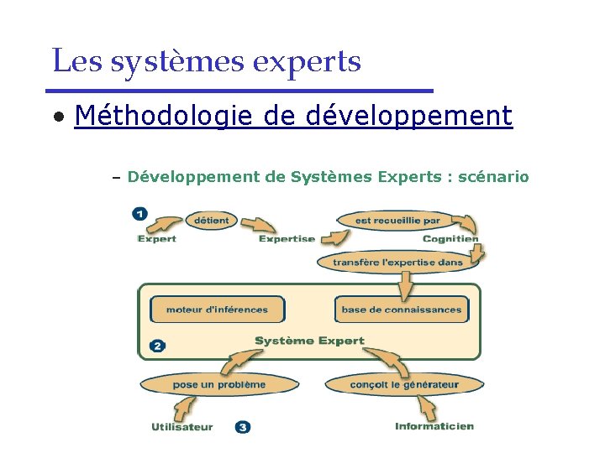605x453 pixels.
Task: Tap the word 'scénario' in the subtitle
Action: pos(493,176)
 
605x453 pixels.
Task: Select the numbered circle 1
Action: pos(140,214)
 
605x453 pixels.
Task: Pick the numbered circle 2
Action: pos(157,345)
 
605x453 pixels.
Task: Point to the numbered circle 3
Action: pos(242,427)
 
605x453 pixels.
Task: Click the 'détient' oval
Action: pos(211,221)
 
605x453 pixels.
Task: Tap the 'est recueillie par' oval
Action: pos(397,221)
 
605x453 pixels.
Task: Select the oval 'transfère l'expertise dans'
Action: pos(397,262)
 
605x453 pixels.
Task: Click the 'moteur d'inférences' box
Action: pos(217,310)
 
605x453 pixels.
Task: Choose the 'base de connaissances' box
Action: pos(401,310)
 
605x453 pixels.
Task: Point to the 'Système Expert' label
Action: pos(309,341)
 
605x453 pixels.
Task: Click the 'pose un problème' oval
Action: pos(218,385)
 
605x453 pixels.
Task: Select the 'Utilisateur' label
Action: pos(182,427)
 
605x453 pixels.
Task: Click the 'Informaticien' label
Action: pos(434,426)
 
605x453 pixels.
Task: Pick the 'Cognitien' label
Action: pos(450,239)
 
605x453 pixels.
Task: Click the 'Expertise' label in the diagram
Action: pos(287,239)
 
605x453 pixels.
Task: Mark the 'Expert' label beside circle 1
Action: pos(157,239)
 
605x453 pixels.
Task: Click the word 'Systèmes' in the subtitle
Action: pos(330,176)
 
